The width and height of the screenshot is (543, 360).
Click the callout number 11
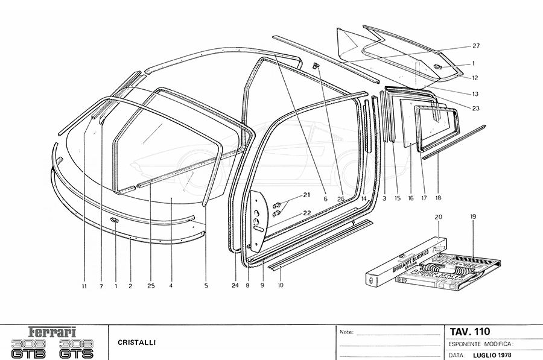(x=84, y=286)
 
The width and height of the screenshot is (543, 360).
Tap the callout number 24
(x=235, y=286)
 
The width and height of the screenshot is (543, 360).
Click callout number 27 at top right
(x=475, y=46)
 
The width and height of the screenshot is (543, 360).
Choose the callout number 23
(x=475, y=109)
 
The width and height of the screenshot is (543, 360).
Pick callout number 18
(x=438, y=198)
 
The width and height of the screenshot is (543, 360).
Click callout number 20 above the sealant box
(x=439, y=216)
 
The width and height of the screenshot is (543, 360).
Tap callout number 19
(x=473, y=216)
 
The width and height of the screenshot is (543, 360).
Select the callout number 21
(x=306, y=195)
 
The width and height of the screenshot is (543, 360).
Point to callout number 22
(x=306, y=212)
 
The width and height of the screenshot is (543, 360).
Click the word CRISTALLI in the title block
(x=133, y=343)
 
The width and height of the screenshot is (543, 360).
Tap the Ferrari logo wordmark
(x=52, y=332)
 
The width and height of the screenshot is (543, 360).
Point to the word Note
(x=346, y=332)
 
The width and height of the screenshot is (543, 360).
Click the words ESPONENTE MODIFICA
(x=480, y=343)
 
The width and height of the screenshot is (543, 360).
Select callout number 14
(x=364, y=198)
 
